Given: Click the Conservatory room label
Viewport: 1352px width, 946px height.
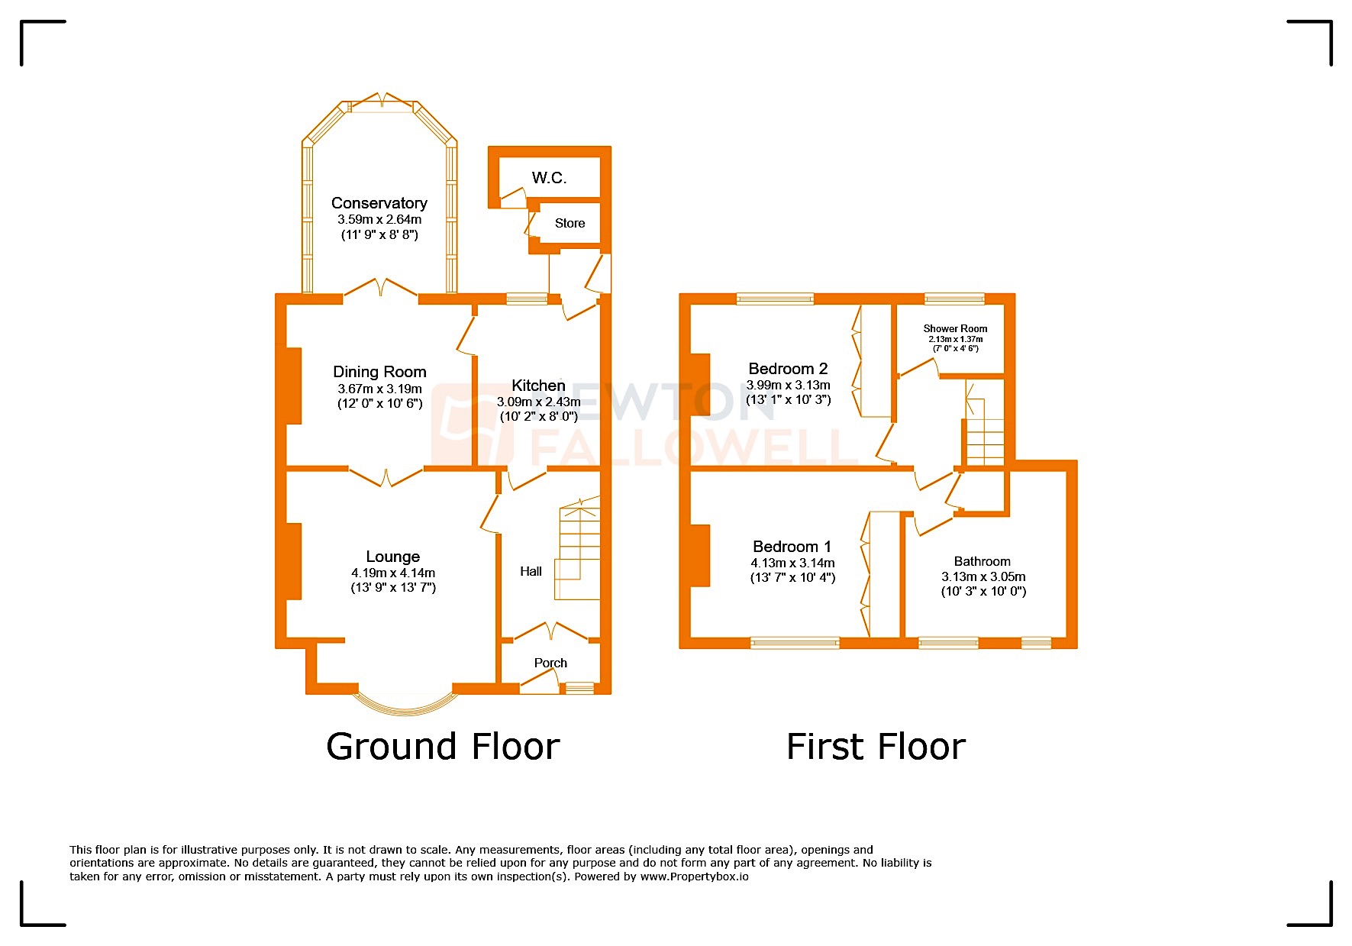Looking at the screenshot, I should click(x=379, y=203).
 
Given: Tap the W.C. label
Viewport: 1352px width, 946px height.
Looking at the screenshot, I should click(x=549, y=178).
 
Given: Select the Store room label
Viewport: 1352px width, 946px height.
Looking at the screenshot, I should click(x=570, y=223).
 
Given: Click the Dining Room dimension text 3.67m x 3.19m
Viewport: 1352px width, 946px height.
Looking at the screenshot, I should click(x=379, y=389).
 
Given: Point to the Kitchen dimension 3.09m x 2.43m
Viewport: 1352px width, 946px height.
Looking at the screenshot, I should click(x=538, y=402).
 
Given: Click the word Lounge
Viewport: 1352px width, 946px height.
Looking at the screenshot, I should click(x=392, y=557).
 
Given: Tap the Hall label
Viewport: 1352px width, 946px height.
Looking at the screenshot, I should click(x=531, y=571).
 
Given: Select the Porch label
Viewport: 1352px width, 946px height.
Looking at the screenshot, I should click(x=550, y=663).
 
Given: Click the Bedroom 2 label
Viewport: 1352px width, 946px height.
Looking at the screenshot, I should click(x=788, y=369).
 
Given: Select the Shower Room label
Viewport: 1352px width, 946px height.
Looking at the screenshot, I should click(x=955, y=328).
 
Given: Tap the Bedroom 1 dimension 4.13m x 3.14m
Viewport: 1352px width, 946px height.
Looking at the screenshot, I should click(x=792, y=563).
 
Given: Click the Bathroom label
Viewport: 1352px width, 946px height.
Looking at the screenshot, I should click(x=982, y=561).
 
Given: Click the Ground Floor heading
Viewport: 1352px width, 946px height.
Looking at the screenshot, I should click(x=443, y=746).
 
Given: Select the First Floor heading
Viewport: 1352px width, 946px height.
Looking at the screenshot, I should click(x=876, y=746).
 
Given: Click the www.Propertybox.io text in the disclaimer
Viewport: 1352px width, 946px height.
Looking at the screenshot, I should click(x=694, y=877).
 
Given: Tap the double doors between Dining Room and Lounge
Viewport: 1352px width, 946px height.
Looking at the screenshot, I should click(x=386, y=478).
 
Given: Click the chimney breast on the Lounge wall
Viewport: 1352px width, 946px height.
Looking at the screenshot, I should click(x=293, y=561).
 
